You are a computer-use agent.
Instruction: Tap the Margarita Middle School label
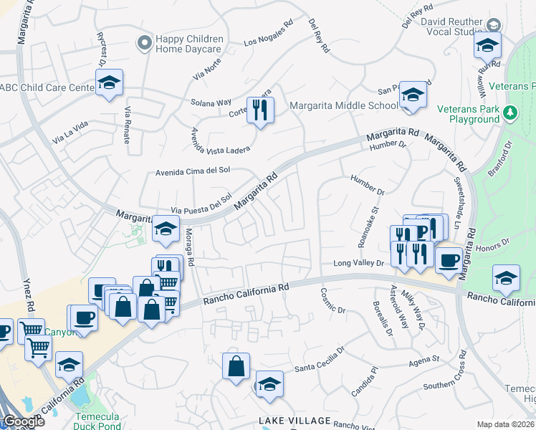point(343,106)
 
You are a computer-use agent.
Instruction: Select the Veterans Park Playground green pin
point(510,113)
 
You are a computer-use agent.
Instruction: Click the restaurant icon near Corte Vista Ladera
point(260,110)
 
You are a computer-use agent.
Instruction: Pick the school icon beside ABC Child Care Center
point(109,84)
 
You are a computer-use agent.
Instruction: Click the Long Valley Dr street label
point(359,264)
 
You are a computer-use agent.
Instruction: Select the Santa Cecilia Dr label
point(320,360)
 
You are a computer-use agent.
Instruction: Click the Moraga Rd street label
point(189,248)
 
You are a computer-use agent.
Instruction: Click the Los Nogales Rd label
point(269,33)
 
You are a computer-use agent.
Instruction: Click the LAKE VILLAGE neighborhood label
point(295,421)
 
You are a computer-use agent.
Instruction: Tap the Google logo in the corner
point(23,421)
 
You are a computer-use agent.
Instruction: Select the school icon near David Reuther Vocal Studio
point(487,45)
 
